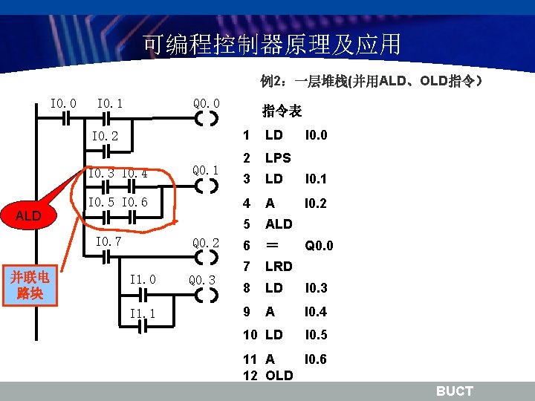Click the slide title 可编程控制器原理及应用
271,45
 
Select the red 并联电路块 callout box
29,285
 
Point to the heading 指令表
282,111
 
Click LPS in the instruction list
278,157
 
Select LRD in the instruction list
279,266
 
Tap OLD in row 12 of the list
279,375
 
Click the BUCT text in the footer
454,391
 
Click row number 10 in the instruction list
250,334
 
